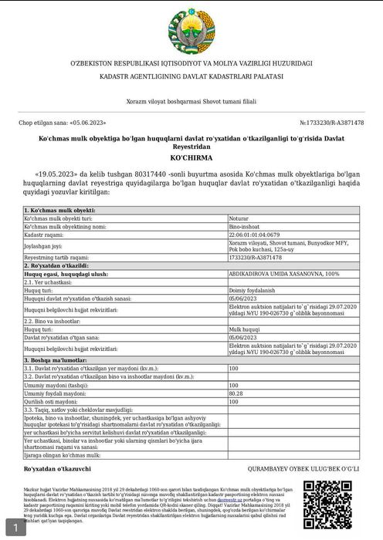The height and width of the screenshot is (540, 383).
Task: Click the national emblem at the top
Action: click(191, 29)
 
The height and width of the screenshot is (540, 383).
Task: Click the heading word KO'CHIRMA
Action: click(191, 156)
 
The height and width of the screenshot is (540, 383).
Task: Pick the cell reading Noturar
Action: click(240, 219)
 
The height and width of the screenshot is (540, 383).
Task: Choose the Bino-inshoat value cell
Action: click(246, 227)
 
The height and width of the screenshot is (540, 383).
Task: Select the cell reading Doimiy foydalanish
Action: click(253, 289)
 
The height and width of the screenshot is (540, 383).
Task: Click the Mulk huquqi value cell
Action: click(245, 329)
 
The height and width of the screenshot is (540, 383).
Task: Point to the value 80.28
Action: click(236, 393)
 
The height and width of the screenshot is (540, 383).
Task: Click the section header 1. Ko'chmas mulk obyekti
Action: click(60, 211)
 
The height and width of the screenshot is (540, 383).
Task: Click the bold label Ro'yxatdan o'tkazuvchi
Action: click(57, 468)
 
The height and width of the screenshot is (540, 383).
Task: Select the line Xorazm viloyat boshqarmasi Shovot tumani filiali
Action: click(191, 101)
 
